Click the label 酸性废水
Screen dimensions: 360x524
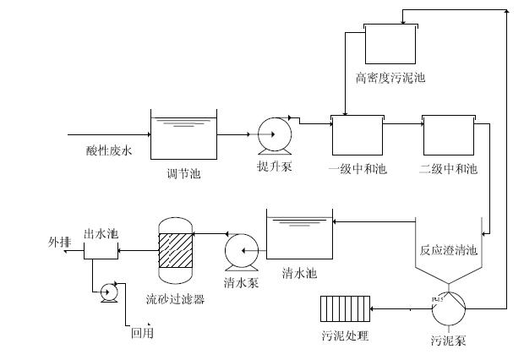point(109,151)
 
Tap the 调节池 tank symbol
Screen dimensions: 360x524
point(183,138)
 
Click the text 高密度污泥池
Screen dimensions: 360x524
point(390,78)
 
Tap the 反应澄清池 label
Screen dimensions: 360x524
point(449,251)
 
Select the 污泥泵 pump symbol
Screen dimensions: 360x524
point(449,309)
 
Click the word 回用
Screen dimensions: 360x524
point(142,333)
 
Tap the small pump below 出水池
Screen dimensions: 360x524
point(108,292)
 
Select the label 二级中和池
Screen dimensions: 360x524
point(448,169)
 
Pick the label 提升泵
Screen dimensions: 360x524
point(275,166)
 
